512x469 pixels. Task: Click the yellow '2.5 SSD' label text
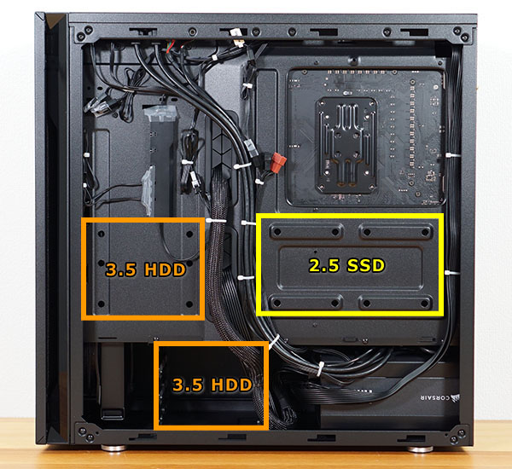347,265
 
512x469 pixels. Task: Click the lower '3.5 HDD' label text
212,385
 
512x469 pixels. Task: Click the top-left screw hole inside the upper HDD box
101,232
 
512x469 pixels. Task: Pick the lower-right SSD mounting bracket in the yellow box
393,303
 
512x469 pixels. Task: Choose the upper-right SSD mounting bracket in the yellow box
393,231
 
